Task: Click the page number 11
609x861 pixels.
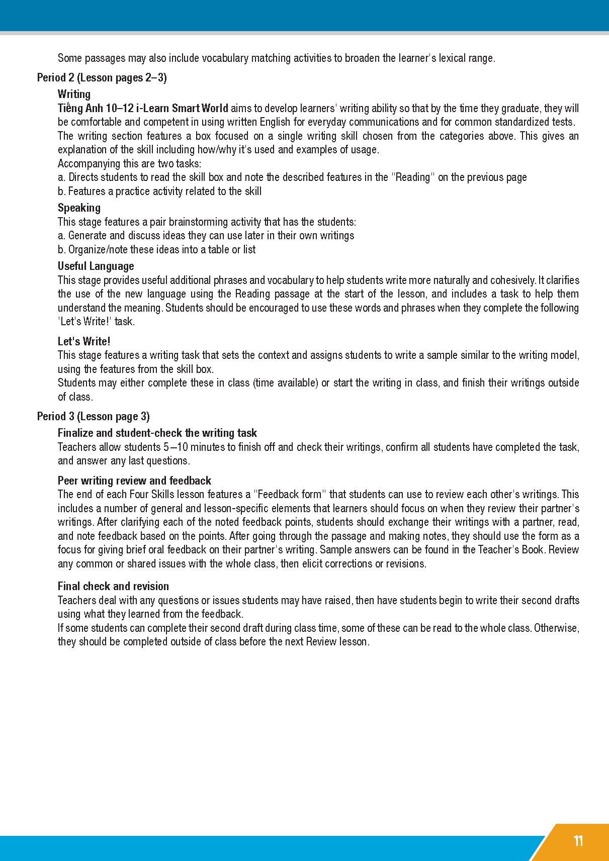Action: (578, 841)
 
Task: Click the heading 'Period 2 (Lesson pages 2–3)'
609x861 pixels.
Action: (102, 77)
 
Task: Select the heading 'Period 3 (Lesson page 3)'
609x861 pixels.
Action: (93, 416)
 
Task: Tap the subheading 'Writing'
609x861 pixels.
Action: (74, 94)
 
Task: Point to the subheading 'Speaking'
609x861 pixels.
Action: (79, 208)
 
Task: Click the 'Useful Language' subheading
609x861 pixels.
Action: (96, 266)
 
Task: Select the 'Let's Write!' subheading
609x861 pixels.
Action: (83, 341)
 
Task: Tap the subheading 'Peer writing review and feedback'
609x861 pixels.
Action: (134, 481)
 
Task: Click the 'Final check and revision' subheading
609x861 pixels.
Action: (113, 586)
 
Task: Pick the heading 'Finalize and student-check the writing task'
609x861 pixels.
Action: (157, 433)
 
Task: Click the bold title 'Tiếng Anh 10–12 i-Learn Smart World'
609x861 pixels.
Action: (143, 108)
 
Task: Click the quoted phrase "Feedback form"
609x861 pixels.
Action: (290, 494)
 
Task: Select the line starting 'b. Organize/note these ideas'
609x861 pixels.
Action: (156, 249)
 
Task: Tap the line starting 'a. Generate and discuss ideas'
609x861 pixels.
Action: (206, 235)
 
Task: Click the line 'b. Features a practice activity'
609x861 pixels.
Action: (159, 191)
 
